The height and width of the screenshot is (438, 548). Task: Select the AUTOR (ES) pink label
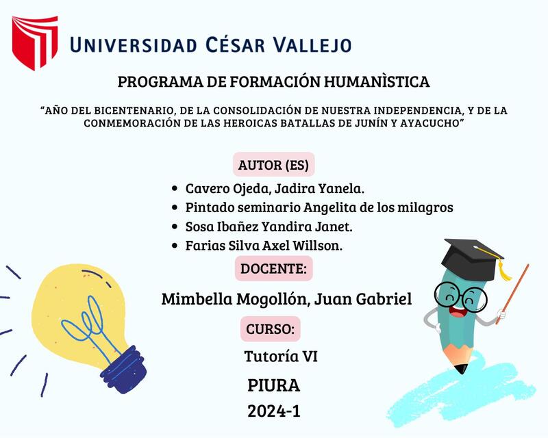point(273,165)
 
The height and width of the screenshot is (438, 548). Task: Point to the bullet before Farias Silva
point(176,245)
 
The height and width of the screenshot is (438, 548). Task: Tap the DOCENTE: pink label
point(273,268)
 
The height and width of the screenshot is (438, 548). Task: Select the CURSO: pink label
point(270,329)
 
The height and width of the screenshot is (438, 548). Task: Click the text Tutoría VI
point(280,357)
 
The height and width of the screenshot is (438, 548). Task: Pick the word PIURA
point(273,385)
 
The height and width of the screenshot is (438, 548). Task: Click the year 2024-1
point(273,411)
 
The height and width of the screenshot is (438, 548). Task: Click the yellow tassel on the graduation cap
point(504,272)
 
